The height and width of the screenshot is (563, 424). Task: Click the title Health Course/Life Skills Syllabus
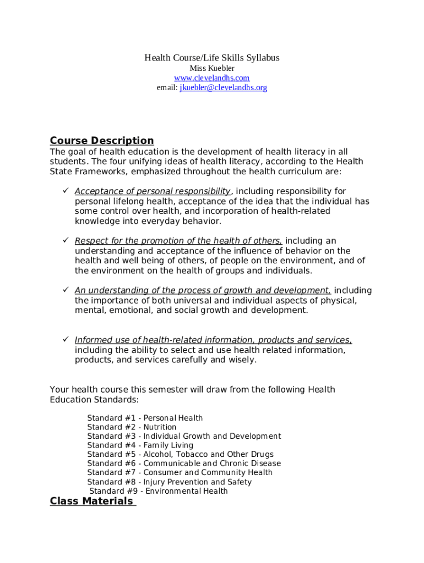212,58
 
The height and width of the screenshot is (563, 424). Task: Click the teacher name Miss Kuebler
212,68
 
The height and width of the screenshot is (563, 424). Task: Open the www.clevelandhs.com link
212,78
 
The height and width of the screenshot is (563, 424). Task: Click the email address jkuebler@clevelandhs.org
223,87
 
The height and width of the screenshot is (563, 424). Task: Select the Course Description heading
102,141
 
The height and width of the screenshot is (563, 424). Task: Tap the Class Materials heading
92,501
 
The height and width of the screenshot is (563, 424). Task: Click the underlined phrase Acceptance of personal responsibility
153,191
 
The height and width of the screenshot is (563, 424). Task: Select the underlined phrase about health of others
178,241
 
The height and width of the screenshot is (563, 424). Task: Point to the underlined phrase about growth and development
203,290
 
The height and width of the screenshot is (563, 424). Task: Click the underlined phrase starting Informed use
213,340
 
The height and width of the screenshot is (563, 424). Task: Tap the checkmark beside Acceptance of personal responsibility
64,191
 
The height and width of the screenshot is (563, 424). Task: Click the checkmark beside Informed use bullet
64,339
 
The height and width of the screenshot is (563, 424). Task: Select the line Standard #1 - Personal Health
145,418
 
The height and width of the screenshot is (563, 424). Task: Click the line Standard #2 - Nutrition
132,427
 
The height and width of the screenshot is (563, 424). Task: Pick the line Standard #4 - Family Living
140,445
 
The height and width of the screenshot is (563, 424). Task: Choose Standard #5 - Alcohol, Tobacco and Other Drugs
180,454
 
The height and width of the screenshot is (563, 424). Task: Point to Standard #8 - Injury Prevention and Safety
169,482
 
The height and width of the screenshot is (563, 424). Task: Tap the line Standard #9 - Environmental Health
159,491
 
